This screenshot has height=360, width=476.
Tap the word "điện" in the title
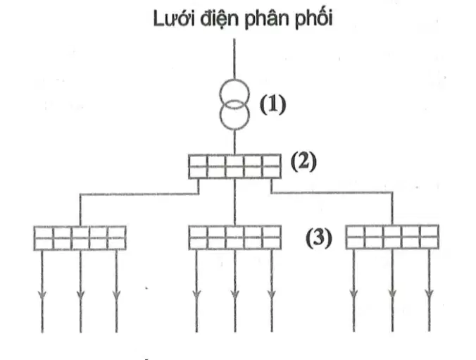tap(219, 20)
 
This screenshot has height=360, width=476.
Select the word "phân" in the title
tap(267, 20)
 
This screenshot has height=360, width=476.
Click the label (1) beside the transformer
tap(273, 105)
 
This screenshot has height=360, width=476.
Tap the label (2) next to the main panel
tap(303, 161)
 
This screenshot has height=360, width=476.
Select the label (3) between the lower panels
tap(319, 238)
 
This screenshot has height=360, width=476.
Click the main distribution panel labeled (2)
tap(234, 166)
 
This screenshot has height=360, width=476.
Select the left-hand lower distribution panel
tap(80, 238)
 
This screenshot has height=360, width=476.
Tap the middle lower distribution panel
tap(234, 237)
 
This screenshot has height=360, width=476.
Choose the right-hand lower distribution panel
tap(392, 237)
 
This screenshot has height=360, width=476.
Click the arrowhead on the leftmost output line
tap(42, 294)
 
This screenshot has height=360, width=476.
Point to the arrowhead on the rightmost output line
tap(429, 294)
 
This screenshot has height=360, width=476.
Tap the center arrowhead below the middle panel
tap(234, 294)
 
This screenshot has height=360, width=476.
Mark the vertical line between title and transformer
tap(234, 59)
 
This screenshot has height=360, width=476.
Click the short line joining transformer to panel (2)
tap(234, 142)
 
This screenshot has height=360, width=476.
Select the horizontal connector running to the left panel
tap(139, 194)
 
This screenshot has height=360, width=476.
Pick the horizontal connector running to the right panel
tap(332, 192)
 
